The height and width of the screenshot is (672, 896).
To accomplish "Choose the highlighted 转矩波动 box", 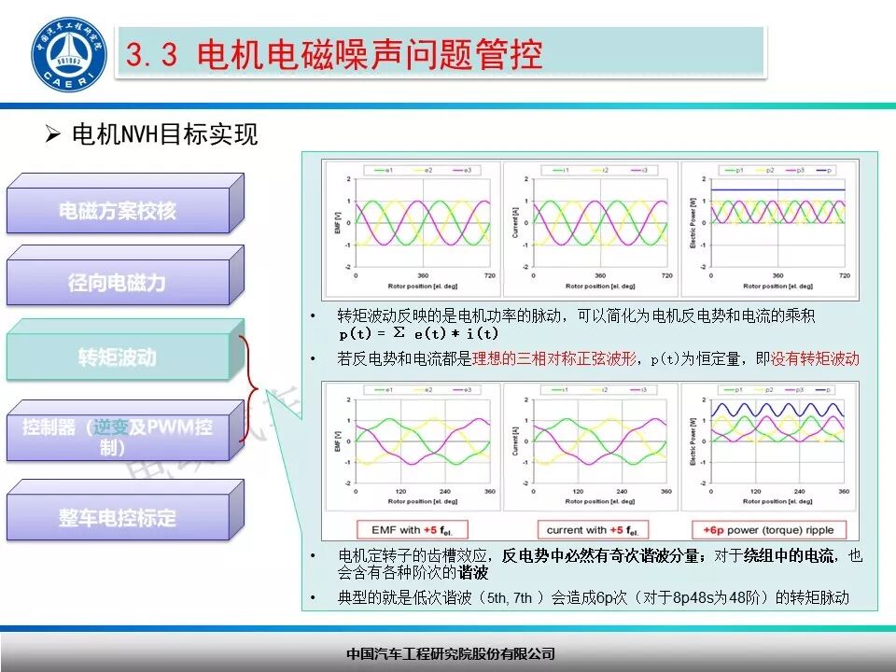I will tap(118, 357).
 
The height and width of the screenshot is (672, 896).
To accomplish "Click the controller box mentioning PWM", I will tap(118, 437).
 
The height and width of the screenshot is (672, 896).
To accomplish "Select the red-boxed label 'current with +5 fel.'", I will tap(589, 530).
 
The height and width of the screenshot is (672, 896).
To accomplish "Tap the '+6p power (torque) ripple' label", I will tap(764, 530).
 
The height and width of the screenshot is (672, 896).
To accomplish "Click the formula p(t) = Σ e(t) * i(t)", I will tap(418, 333).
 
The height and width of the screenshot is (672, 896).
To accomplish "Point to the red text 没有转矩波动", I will tap(815, 358).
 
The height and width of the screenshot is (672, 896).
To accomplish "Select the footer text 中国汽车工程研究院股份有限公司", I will tap(450, 653).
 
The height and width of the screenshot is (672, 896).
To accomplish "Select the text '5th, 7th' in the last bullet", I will tap(511, 598).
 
